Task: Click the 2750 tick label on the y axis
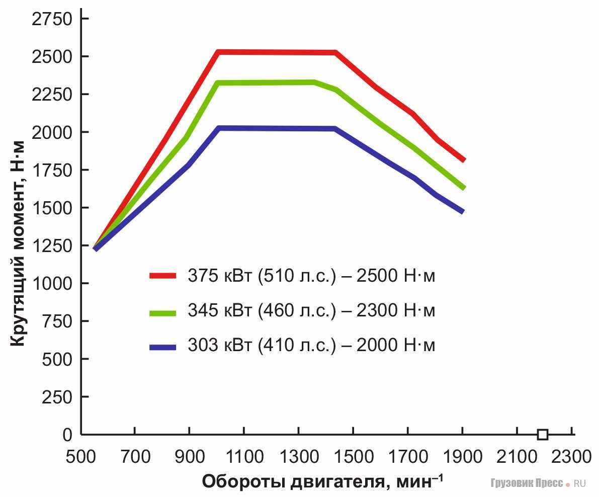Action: (52, 19)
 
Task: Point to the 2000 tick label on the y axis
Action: (52, 132)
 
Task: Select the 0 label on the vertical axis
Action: (67, 435)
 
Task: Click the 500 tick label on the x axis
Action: (80, 457)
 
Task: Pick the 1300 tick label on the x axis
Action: (298, 457)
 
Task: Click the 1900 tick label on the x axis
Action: (462, 457)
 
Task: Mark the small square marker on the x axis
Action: (542, 435)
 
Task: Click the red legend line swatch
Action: (162, 276)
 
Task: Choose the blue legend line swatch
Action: (162, 347)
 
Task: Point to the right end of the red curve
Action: (464, 160)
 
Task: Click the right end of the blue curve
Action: (462, 212)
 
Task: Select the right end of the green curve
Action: (464, 188)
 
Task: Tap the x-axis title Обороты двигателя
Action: (322, 482)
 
